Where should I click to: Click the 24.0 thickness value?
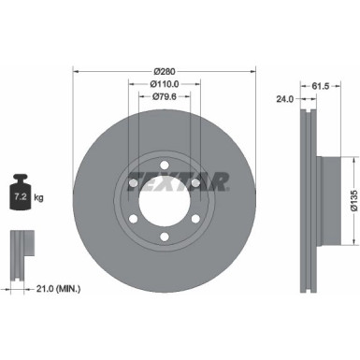point(286,97)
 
